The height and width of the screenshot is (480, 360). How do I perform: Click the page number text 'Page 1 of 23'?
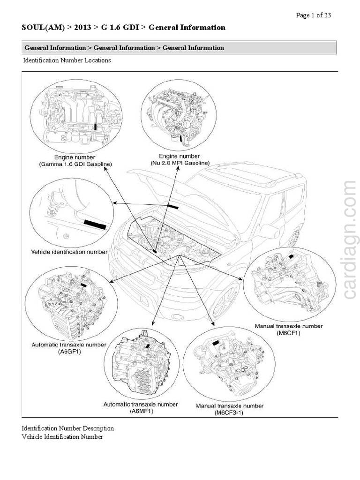[x=314, y=15]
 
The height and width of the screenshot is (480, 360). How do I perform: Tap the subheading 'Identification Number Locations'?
[x=67, y=60]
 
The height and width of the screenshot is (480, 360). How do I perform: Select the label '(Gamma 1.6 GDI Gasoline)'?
[x=75, y=164]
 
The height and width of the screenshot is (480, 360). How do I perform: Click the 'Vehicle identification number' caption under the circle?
[x=69, y=252]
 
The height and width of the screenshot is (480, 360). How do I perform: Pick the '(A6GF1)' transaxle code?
[x=69, y=351]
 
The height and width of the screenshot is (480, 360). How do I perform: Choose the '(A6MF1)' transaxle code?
[x=141, y=411]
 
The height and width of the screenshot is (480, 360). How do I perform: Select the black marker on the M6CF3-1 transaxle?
[x=217, y=344]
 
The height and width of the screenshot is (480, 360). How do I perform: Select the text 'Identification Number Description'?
[x=67, y=428]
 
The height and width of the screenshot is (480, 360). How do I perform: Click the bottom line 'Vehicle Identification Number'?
[x=62, y=437]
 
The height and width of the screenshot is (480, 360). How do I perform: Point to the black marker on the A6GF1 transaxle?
[x=83, y=284]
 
